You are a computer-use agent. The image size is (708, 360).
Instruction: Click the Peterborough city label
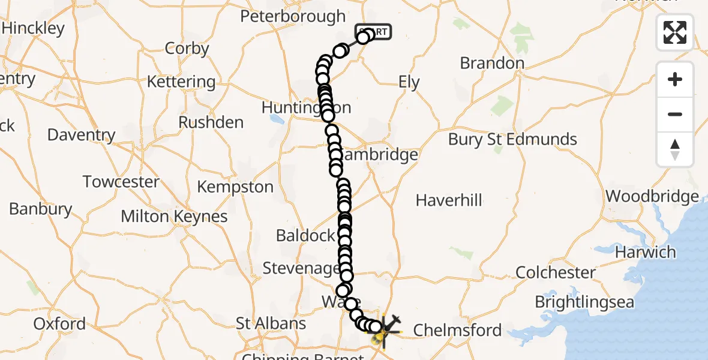[x=293, y=16]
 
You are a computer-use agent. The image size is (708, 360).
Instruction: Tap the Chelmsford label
[x=457, y=329]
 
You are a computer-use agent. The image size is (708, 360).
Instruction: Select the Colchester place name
[x=556, y=272]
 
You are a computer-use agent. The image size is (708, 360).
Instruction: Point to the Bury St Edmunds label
[x=512, y=139]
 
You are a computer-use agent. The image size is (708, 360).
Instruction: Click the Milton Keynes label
[x=174, y=217]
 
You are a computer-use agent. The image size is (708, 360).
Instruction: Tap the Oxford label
[x=59, y=323]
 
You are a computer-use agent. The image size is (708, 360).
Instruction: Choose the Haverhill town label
[x=449, y=200]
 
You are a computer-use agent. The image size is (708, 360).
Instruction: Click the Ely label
[x=409, y=82]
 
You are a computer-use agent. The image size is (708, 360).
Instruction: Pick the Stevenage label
[x=301, y=268]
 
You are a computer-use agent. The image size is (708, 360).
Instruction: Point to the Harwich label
[x=646, y=252]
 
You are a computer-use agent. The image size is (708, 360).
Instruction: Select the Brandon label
[x=492, y=63]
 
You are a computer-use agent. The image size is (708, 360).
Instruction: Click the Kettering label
[x=181, y=82]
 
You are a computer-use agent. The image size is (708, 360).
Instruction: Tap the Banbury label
[x=40, y=209]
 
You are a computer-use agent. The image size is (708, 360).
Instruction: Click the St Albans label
[x=271, y=323]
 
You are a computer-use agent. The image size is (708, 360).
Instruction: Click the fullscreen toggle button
[x=675, y=32]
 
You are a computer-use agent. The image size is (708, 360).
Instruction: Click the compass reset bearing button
[x=675, y=149]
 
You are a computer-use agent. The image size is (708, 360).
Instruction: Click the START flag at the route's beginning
[x=374, y=31]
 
